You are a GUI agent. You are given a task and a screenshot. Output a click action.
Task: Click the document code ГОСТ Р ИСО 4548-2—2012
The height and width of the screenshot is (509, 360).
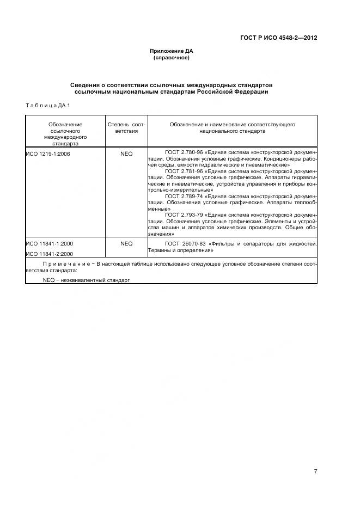[x=278, y=38]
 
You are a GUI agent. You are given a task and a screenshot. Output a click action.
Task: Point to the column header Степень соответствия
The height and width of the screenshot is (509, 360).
[x=126, y=128]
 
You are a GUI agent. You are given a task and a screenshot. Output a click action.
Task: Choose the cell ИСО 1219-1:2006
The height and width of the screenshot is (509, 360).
[x=48, y=154]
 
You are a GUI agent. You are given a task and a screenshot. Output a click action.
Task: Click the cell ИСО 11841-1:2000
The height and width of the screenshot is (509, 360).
[x=49, y=244]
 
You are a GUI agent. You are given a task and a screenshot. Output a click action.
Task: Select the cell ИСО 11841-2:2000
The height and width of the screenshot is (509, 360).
[x=49, y=254]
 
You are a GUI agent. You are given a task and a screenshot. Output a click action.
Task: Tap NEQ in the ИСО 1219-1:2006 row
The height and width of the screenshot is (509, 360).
[x=126, y=154]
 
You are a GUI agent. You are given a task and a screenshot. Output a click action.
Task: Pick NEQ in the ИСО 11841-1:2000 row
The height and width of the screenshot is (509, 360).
[x=126, y=244]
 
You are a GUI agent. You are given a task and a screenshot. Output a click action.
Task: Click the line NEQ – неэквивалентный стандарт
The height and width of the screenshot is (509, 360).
[x=87, y=280]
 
